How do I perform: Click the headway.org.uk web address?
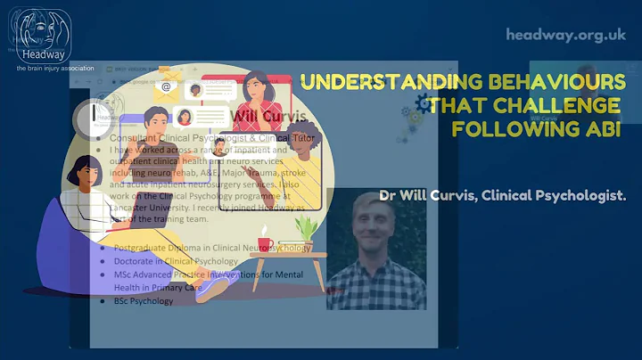pos(566,35)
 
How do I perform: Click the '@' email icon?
pos(166,87)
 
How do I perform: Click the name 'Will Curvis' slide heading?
pos(268,118)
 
